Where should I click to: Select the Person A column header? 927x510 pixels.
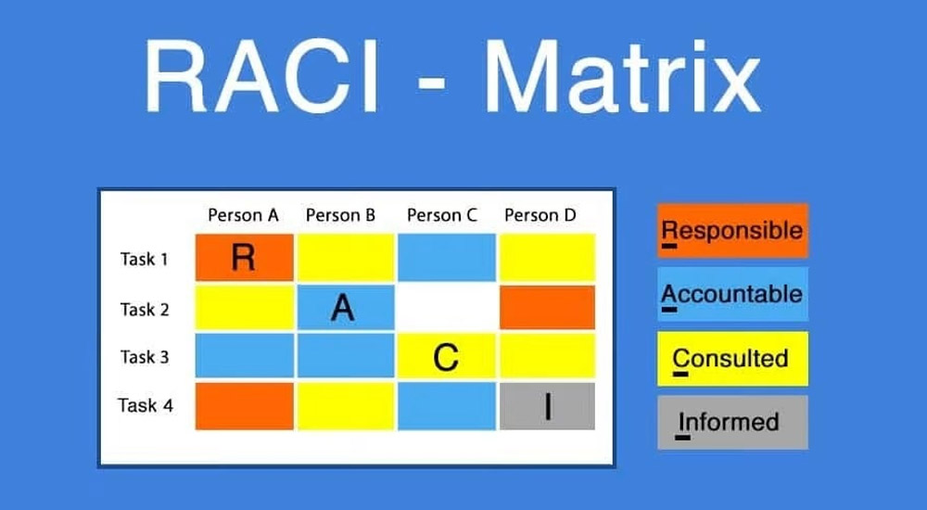(x=243, y=216)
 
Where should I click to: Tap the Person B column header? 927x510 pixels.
(x=340, y=216)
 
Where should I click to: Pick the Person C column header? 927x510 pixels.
(x=442, y=216)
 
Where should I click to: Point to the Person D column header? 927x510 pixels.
(x=540, y=216)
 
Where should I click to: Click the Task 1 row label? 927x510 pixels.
(x=145, y=259)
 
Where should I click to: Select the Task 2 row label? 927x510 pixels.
(x=145, y=310)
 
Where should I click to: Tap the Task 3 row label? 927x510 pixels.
(x=145, y=357)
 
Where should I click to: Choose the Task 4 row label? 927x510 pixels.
(x=146, y=405)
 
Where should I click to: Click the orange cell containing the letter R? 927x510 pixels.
(x=244, y=258)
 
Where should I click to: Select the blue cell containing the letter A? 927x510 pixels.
(x=343, y=308)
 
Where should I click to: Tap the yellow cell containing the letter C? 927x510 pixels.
(x=446, y=357)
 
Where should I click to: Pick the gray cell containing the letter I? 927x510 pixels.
(x=547, y=406)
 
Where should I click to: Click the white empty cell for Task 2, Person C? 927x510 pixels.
(x=446, y=308)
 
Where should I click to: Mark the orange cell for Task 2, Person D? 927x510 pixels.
(x=547, y=308)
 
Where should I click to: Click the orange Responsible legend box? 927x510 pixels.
(x=732, y=230)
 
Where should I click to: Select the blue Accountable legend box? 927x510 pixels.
(x=732, y=294)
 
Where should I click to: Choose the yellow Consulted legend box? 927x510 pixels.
(x=732, y=358)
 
